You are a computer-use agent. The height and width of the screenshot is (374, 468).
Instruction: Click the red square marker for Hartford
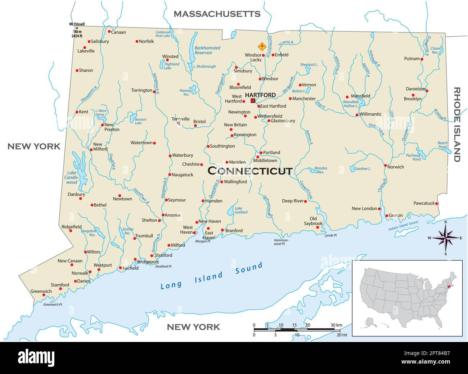point(253,101)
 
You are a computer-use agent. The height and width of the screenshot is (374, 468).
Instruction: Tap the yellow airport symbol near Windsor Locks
point(262,46)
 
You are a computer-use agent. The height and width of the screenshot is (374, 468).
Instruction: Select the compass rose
point(446,238)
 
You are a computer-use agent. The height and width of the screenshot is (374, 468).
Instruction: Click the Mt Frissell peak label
point(77,24)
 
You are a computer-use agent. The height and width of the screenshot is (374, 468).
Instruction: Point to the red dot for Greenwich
point(44,295)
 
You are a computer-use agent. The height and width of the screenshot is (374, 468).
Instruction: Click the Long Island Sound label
point(211,276)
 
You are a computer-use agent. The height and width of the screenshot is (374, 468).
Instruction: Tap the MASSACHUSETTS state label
point(217,14)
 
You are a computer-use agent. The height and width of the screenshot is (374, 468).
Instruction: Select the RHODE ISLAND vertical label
point(457,125)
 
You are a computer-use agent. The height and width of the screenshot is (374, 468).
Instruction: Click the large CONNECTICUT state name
point(250,171)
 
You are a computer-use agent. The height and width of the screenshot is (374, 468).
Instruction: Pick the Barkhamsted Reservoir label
point(207,50)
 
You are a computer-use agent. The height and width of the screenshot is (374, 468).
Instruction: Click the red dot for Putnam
point(422,59)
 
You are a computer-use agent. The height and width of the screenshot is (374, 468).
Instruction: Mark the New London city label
point(364,208)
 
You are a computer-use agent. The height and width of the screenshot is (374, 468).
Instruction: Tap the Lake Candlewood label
point(71,177)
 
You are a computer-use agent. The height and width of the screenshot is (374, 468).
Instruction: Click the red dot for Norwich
point(385,166)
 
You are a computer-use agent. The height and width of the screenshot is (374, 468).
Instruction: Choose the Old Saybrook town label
point(313,221)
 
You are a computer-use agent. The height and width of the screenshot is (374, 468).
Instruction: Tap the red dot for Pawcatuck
point(437,203)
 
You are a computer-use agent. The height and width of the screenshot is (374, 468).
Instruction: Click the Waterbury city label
point(183,156)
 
